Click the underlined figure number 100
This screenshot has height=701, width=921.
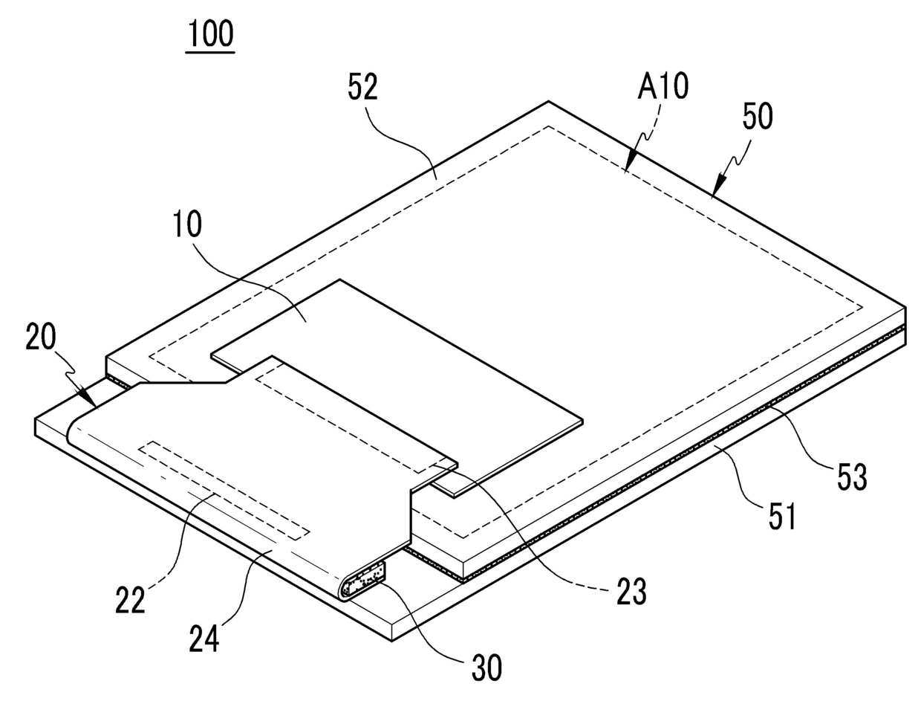pos(211,34)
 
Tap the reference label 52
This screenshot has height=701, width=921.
pos(363,88)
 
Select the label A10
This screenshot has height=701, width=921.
pos(663,86)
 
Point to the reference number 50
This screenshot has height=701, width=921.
pos(757,117)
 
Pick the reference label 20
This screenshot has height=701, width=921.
pos(41,338)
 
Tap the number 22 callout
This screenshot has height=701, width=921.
pos(130,600)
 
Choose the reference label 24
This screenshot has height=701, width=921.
pos(204,638)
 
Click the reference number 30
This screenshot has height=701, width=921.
pos(486,667)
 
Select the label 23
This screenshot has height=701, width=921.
pos(631,592)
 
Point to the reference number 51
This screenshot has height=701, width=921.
pos(781,515)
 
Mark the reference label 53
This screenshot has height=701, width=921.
pos(851,477)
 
